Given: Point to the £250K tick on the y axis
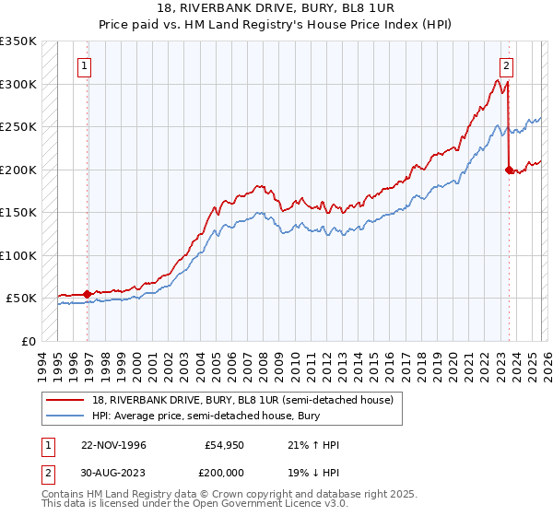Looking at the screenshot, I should pos(18,126).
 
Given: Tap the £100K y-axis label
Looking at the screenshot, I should pos(18,255).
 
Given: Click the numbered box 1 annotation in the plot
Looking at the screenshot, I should pos(85,65).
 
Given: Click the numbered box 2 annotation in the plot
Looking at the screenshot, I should pos(507,65).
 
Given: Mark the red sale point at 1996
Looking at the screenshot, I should pos(88,294).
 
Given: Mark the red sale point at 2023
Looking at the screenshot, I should pos(509,170).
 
